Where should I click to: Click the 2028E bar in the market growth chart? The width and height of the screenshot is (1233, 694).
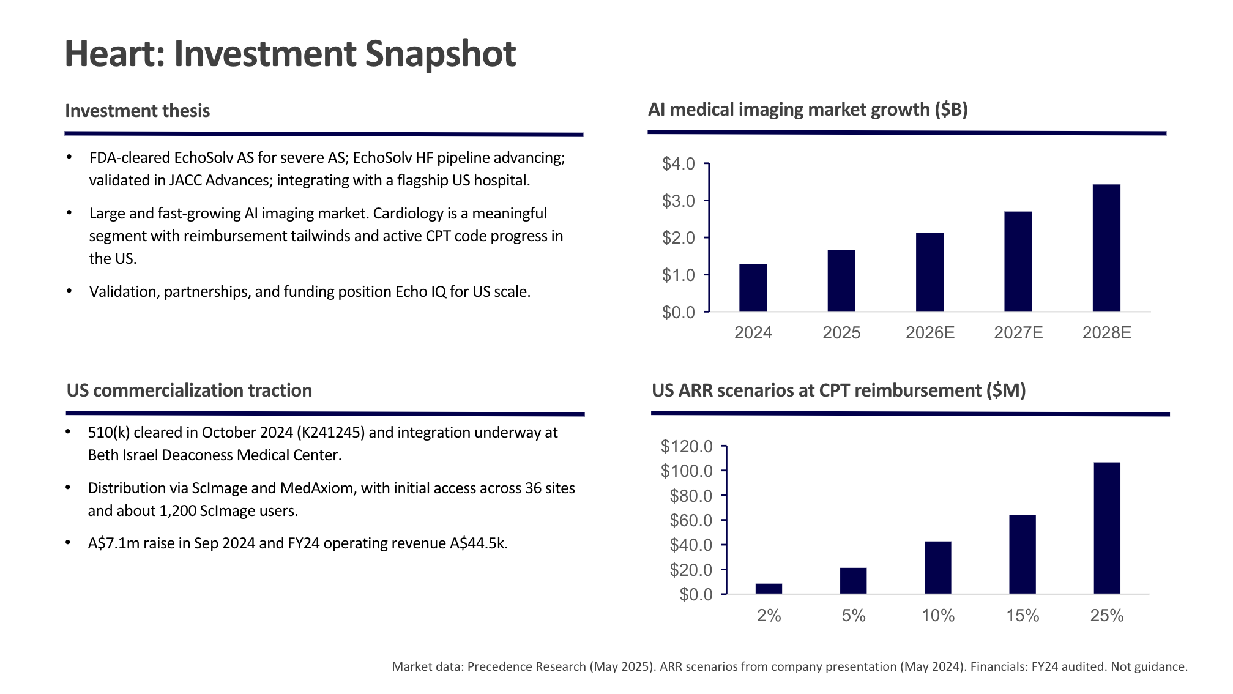(x=1106, y=248)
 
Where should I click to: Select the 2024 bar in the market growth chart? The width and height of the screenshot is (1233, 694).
(x=753, y=288)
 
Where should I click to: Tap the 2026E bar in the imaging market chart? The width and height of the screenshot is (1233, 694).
(x=929, y=272)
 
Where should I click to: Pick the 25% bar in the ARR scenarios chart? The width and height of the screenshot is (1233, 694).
(x=1106, y=528)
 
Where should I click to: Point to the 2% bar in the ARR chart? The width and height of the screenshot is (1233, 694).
(x=769, y=589)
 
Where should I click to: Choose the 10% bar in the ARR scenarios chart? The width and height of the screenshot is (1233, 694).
(x=937, y=567)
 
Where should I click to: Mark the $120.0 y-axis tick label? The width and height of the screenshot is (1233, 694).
(x=687, y=446)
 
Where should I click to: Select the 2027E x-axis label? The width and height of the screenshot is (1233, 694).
(x=1018, y=333)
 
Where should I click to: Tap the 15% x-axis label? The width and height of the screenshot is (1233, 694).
(x=1023, y=616)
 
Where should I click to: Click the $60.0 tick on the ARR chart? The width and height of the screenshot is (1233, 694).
(x=691, y=520)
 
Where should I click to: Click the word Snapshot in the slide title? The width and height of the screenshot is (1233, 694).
(x=440, y=54)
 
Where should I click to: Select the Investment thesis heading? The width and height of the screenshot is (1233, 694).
(x=138, y=111)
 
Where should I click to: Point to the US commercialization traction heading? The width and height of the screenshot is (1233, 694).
(x=189, y=390)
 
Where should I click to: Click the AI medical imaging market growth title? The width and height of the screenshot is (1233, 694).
(x=808, y=110)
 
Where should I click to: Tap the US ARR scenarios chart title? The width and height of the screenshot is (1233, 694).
(x=838, y=390)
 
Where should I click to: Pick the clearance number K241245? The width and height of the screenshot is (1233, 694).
(x=330, y=433)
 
